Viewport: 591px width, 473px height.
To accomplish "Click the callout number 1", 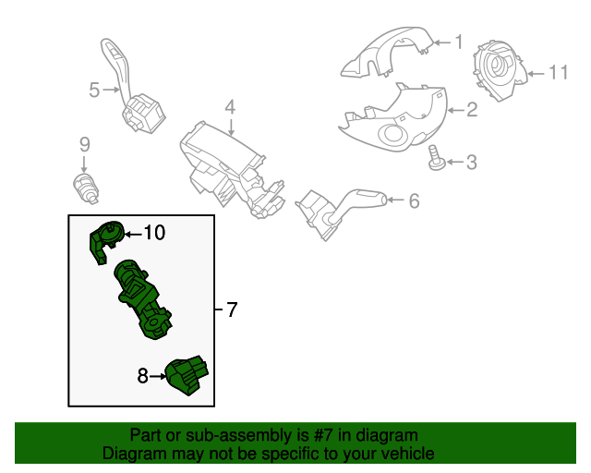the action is pyautogui.click(x=459, y=42).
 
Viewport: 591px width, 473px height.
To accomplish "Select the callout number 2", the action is pyautogui.click(x=473, y=109).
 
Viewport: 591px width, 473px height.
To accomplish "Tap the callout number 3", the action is pyautogui.click(x=472, y=163).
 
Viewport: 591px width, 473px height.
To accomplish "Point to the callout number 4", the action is pyautogui.click(x=230, y=107).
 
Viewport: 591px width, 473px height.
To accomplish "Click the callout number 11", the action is pyautogui.click(x=558, y=72).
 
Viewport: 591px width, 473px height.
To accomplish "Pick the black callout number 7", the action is pyautogui.click(x=232, y=309).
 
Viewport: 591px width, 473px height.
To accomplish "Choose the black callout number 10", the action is pyautogui.click(x=155, y=233).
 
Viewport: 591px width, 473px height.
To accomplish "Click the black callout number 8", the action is pyautogui.click(x=142, y=376).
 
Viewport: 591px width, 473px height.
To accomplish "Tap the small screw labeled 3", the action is pyautogui.click(x=437, y=158).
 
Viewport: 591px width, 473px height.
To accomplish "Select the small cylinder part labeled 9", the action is pyautogui.click(x=86, y=188).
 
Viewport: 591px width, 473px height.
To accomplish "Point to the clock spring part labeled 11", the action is pyautogui.click(x=499, y=70).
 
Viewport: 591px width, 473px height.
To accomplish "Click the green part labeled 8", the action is pyautogui.click(x=187, y=374).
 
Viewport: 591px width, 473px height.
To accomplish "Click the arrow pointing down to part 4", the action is pyautogui.click(x=231, y=127).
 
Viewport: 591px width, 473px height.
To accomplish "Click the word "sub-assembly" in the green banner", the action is pyautogui.click(x=238, y=435).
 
